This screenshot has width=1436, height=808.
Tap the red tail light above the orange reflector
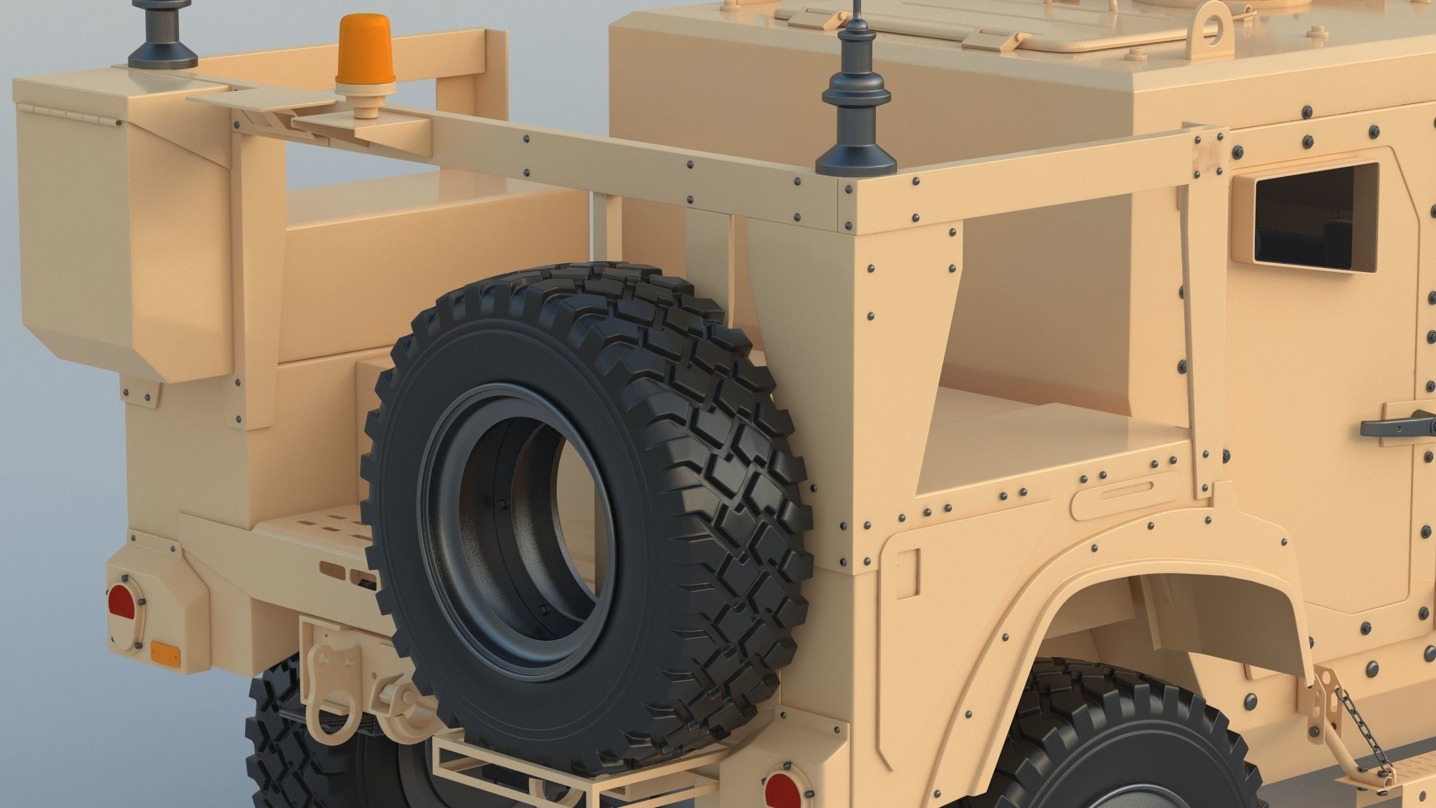[x=121, y=603]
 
